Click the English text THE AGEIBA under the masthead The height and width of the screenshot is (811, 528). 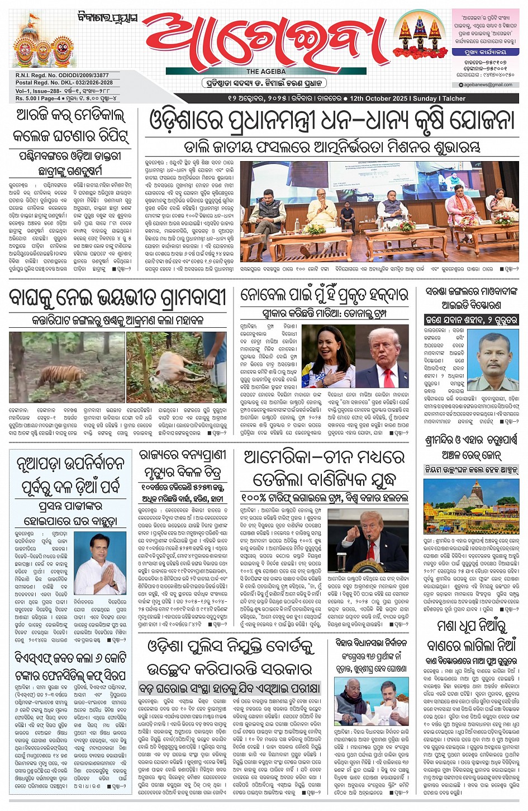pyautogui.click(x=266, y=72)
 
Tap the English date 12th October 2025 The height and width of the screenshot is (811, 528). pyautogui.click(x=379, y=98)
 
